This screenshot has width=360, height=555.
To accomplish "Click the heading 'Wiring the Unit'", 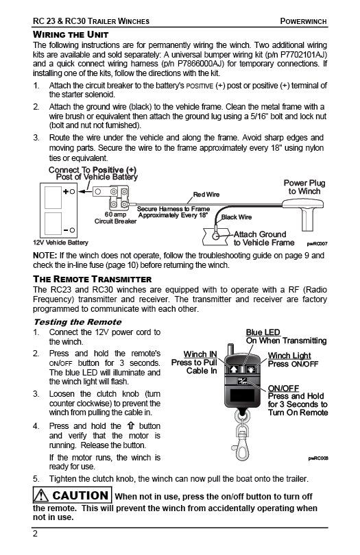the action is (71, 35).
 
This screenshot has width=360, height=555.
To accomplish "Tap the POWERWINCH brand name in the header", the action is (303, 21).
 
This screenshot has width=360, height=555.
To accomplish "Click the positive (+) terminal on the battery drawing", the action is (72, 191).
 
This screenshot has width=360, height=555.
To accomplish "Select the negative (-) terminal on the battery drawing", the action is (72, 230).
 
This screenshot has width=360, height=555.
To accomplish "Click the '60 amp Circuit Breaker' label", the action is (115, 218).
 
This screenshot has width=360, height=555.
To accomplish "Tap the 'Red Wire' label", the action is (206, 195).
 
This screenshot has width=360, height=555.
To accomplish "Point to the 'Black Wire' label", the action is (237, 217).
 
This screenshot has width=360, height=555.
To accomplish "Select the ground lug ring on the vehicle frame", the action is (216, 235).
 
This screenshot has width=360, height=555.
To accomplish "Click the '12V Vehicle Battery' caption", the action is (60, 243).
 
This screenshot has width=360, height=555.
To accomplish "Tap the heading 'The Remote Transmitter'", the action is (92, 279).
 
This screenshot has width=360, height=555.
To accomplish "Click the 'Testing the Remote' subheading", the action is (77, 322).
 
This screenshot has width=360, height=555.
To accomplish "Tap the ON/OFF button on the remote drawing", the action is (243, 382).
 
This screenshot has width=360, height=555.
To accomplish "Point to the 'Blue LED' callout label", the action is (263, 332).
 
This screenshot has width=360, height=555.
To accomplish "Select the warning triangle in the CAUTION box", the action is (42, 495).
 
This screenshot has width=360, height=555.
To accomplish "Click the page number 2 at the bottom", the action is (35, 534).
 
